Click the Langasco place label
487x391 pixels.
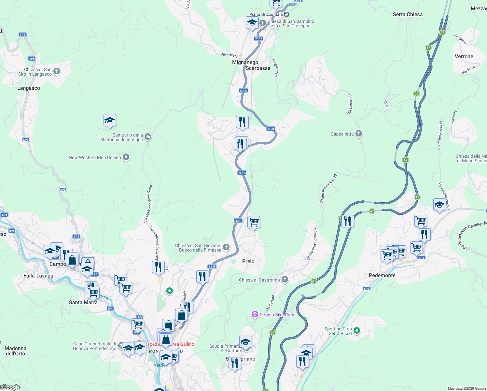coord(29,88)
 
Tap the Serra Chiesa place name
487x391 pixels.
coord(408,14)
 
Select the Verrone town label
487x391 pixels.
coord(464,56)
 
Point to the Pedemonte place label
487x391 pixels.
coord(382,275)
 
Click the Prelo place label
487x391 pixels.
coord(248,261)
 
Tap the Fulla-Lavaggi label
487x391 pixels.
coord(39,276)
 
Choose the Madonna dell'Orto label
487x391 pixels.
coord(15,351)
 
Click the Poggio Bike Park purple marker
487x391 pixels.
coord(255,314)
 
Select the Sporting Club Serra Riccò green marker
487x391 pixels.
coord(357,331)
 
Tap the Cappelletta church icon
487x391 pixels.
coord(358,134)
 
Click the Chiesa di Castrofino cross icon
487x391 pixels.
coord(285,280)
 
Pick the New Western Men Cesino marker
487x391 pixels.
coord(126,157)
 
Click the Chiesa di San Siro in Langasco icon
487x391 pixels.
coord(57,71)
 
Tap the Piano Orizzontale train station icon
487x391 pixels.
coord(286,14)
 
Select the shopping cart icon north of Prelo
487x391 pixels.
coord(254,222)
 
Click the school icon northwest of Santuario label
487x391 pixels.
coord(110,121)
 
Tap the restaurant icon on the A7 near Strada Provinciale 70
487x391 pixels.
coord(348,221)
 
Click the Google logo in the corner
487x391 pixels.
coord(11,387)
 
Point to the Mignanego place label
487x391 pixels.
coord(245,62)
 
